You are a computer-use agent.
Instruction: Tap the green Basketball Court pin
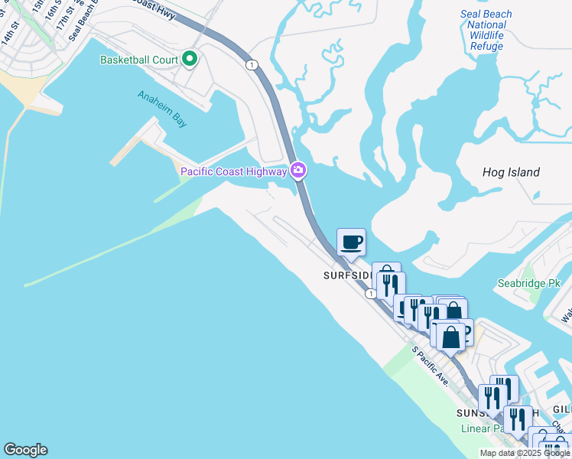click(189, 59)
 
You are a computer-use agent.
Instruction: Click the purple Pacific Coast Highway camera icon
click(299, 171)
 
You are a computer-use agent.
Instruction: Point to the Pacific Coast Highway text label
click(233, 171)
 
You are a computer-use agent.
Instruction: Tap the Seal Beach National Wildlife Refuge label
click(486, 31)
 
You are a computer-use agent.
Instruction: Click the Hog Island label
click(511, 172)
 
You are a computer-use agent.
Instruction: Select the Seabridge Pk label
click(533, 283)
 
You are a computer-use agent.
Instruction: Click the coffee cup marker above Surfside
click(351, 243)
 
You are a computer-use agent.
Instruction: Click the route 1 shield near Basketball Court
click(251, 65)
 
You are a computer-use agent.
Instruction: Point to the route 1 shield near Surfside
click(370, 294)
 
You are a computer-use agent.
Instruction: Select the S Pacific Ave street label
click(430, 366)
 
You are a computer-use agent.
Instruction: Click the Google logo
click(25, 450)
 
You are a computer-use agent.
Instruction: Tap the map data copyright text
click(525, 453)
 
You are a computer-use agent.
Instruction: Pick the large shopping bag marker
click(450, 337)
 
